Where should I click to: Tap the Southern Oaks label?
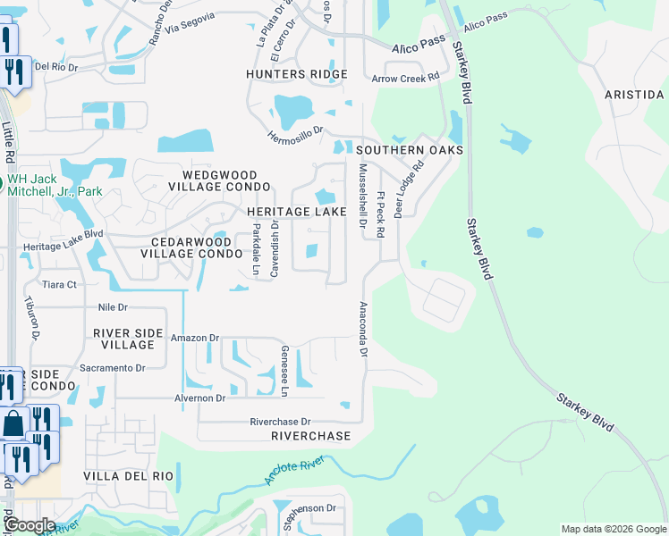(411, 150)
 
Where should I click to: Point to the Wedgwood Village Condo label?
(225, 180)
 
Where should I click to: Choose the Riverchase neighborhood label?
(311, 436)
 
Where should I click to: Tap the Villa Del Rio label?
(128, 476)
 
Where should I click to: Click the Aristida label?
(635, 95)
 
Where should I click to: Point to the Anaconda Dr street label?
(363, 330)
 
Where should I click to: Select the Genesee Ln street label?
(284, 371)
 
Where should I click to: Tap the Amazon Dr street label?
(194, 339)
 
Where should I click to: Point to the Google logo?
(30, 525)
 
